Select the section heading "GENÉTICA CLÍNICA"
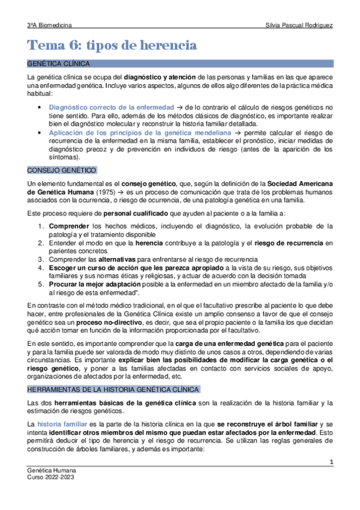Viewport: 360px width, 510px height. coord(59,63)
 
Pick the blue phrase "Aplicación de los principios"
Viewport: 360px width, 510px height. coord(98,132)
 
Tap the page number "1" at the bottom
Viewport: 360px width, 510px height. coord(331,461)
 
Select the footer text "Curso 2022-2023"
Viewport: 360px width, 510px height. coord(52,478)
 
